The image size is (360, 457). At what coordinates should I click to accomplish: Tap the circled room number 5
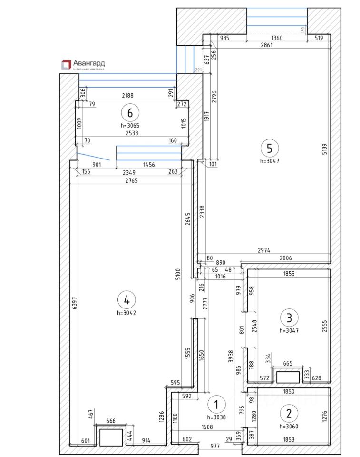point(270,148)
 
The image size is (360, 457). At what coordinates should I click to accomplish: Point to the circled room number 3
point(289,316)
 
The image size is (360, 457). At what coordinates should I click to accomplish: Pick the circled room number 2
point(289,410)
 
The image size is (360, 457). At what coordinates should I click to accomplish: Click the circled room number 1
point(216,405)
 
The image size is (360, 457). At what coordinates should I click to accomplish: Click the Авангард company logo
point(82,64)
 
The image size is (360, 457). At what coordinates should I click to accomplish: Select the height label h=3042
point(126,313)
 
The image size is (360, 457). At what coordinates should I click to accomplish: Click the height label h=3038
point(216,417)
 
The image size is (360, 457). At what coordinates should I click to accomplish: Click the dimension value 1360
point(276,39)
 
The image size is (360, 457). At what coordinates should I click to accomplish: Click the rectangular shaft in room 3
point(289,377)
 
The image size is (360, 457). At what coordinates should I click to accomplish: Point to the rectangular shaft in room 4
point(111,437)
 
